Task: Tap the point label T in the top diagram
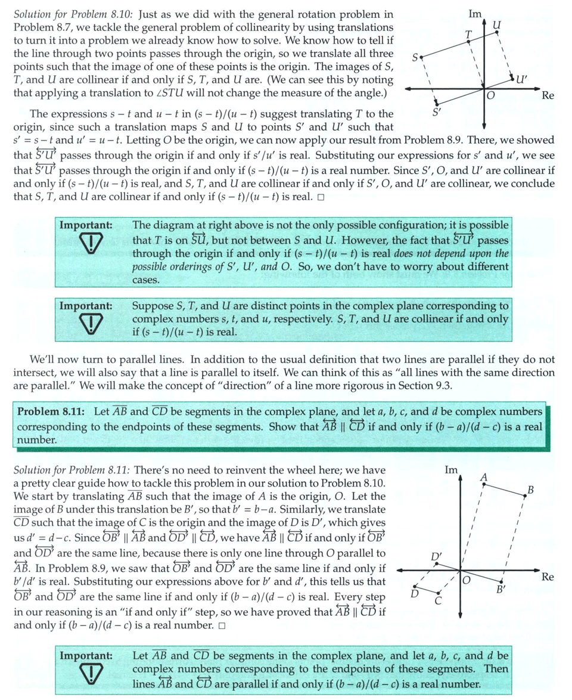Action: (469, 35)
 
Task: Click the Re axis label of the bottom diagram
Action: (548, 577)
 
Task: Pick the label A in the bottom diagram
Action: (484, 477)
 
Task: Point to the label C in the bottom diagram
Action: (438, 601)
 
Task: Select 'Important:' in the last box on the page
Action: (86, 655)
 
